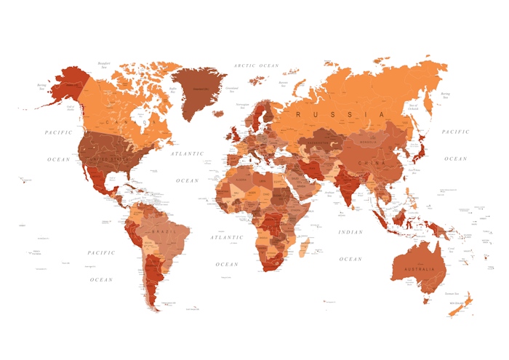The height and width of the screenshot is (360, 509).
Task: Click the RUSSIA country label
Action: pyautogui.click(x=340, y=115)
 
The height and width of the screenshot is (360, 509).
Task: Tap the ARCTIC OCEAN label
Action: pyautogui.click(x=257, y=65)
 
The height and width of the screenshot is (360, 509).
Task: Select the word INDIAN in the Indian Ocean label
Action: pyautogui.click(x=350, y=232)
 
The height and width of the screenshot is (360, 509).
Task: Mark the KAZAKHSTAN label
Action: pyautogui.click(x=320, y=136)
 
